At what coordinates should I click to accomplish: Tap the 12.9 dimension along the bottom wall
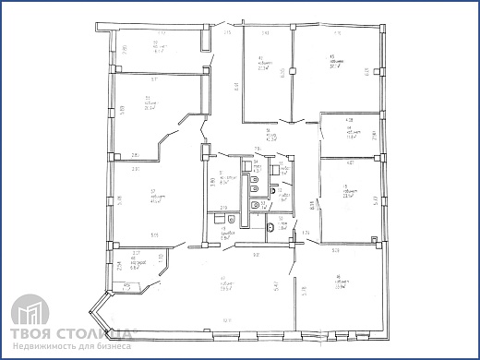pyautogui.click(x=225, y=320)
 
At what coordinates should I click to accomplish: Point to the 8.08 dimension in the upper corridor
pyautogui.click(x=236, y=87)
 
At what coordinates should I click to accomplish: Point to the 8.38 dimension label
pyautogui.click(x=312, y=209)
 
